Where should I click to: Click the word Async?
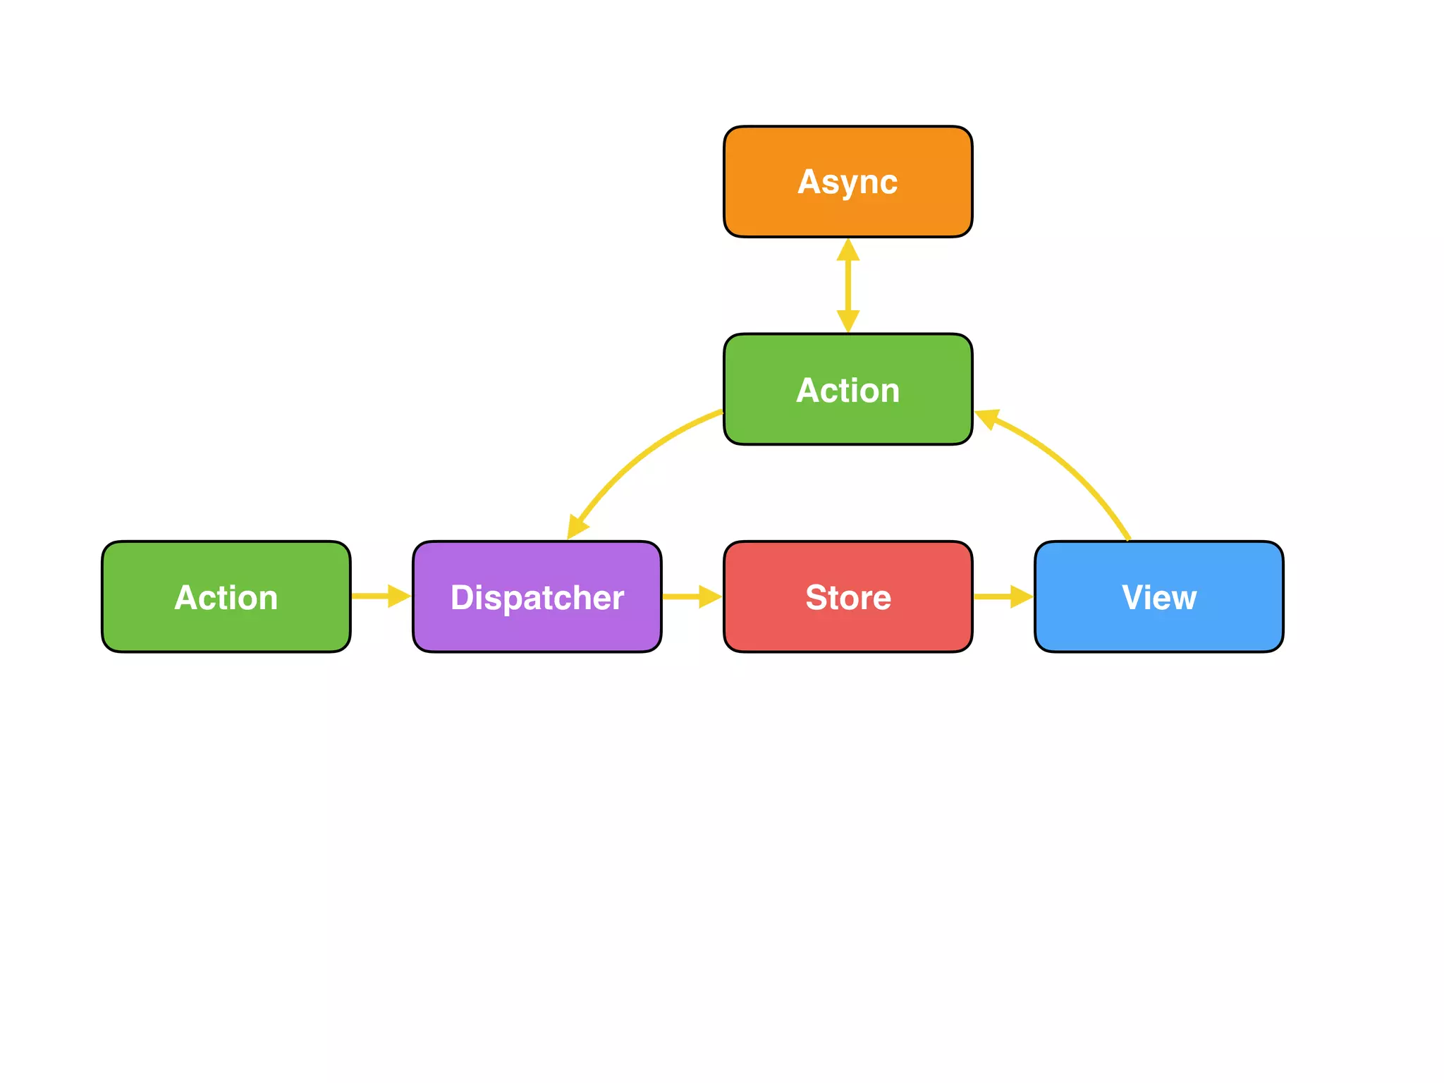(848, 182)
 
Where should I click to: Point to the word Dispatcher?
(537, 597)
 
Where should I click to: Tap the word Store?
(848, 597)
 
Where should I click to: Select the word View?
(1158, 597)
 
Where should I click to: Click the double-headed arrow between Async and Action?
(848, 286)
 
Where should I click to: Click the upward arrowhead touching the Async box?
(848, 251)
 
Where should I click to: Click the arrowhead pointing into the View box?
(1020, 596)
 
